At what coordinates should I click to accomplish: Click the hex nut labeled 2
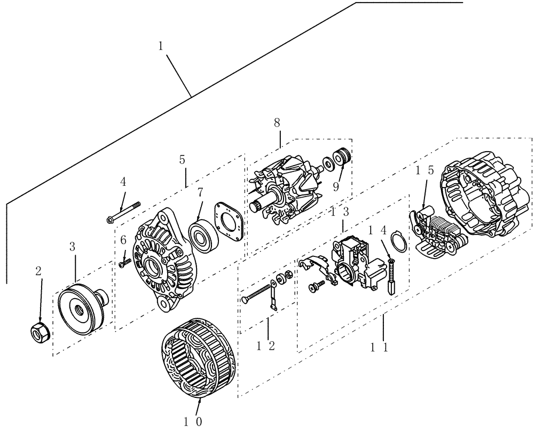(x=38, y=333)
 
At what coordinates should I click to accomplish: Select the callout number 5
(x=183, y=159)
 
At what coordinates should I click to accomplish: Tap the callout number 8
(x=277, y=122)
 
